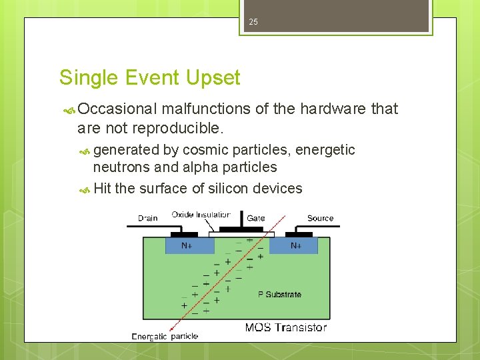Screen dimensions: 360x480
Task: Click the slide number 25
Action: pyautogui.click(x=253, y=22)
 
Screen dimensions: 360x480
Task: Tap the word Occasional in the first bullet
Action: pyautogui.click(x=117, y=109)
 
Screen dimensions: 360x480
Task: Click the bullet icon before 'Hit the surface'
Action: pyautogui.click(x=85, y=189)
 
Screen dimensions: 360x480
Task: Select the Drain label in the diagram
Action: pyautogui.click(x=147, y=218)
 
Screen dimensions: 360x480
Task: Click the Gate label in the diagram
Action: pyautogui.click(x=256, y=218)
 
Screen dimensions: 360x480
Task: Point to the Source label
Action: pyautogui.click(x=320, y=218)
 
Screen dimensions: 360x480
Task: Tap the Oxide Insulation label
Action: pyautogui.click(x=201, y=215)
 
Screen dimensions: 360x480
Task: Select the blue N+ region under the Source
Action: pyautogui.click(x=295, y=246)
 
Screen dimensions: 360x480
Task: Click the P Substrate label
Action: pyautogui.click(x=279, y=294)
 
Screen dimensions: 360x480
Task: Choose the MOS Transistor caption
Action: pyautogui.click(x=285, y=327)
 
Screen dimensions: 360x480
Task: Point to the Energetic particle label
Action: pyautogui.click(x=165, y=336)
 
